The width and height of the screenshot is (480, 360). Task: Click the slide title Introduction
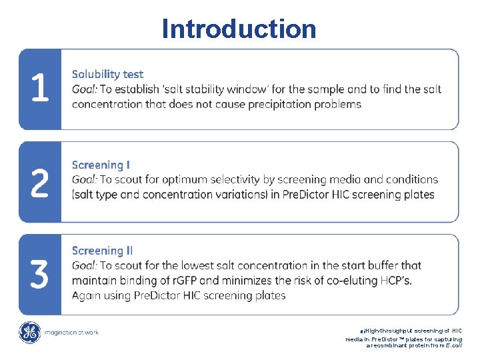[x=239, y=29]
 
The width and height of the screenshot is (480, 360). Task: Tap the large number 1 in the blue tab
[x=40, y=89]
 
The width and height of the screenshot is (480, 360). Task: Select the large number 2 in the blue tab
[x=40, y=182]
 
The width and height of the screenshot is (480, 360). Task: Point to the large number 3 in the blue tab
[x=40, y=274]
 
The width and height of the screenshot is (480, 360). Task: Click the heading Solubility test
[x=107, y=74]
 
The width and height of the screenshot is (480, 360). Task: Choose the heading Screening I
[x=101, y=165]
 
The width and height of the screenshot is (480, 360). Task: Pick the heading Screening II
[x=102, y=251]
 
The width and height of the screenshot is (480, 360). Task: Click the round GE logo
[x=30, y=333]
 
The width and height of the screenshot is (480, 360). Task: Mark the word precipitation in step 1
[x=281, y=104]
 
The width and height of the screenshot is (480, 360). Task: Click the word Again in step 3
[x=88, y=295]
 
